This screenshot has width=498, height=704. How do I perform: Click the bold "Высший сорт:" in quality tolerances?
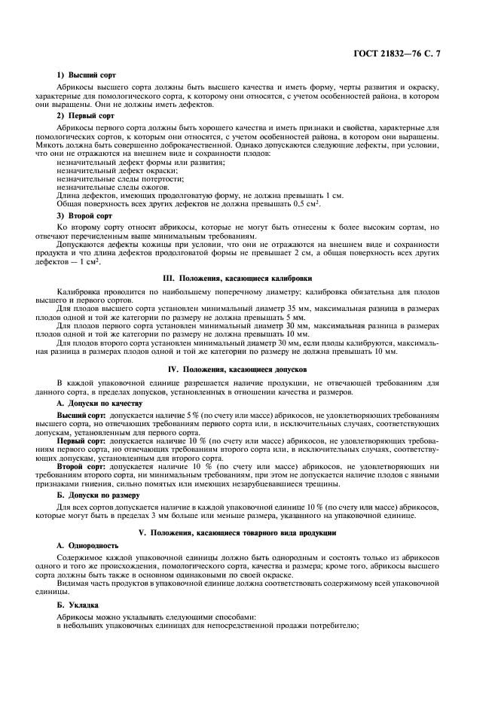[x=82, y=416]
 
